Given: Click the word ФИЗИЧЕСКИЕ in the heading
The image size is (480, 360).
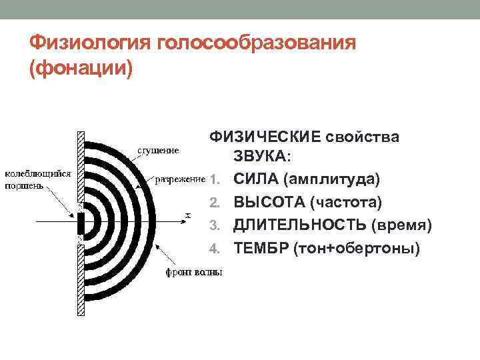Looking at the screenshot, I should tap(265, 136).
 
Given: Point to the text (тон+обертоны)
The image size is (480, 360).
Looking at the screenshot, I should tap(353, 249).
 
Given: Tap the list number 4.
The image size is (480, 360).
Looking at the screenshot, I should tap(213, 249).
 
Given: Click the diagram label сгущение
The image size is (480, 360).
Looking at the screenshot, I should tap(157, 150).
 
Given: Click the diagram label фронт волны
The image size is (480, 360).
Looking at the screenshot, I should tap(194, 272).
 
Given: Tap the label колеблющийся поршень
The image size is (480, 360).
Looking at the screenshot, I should tap(38, 179).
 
